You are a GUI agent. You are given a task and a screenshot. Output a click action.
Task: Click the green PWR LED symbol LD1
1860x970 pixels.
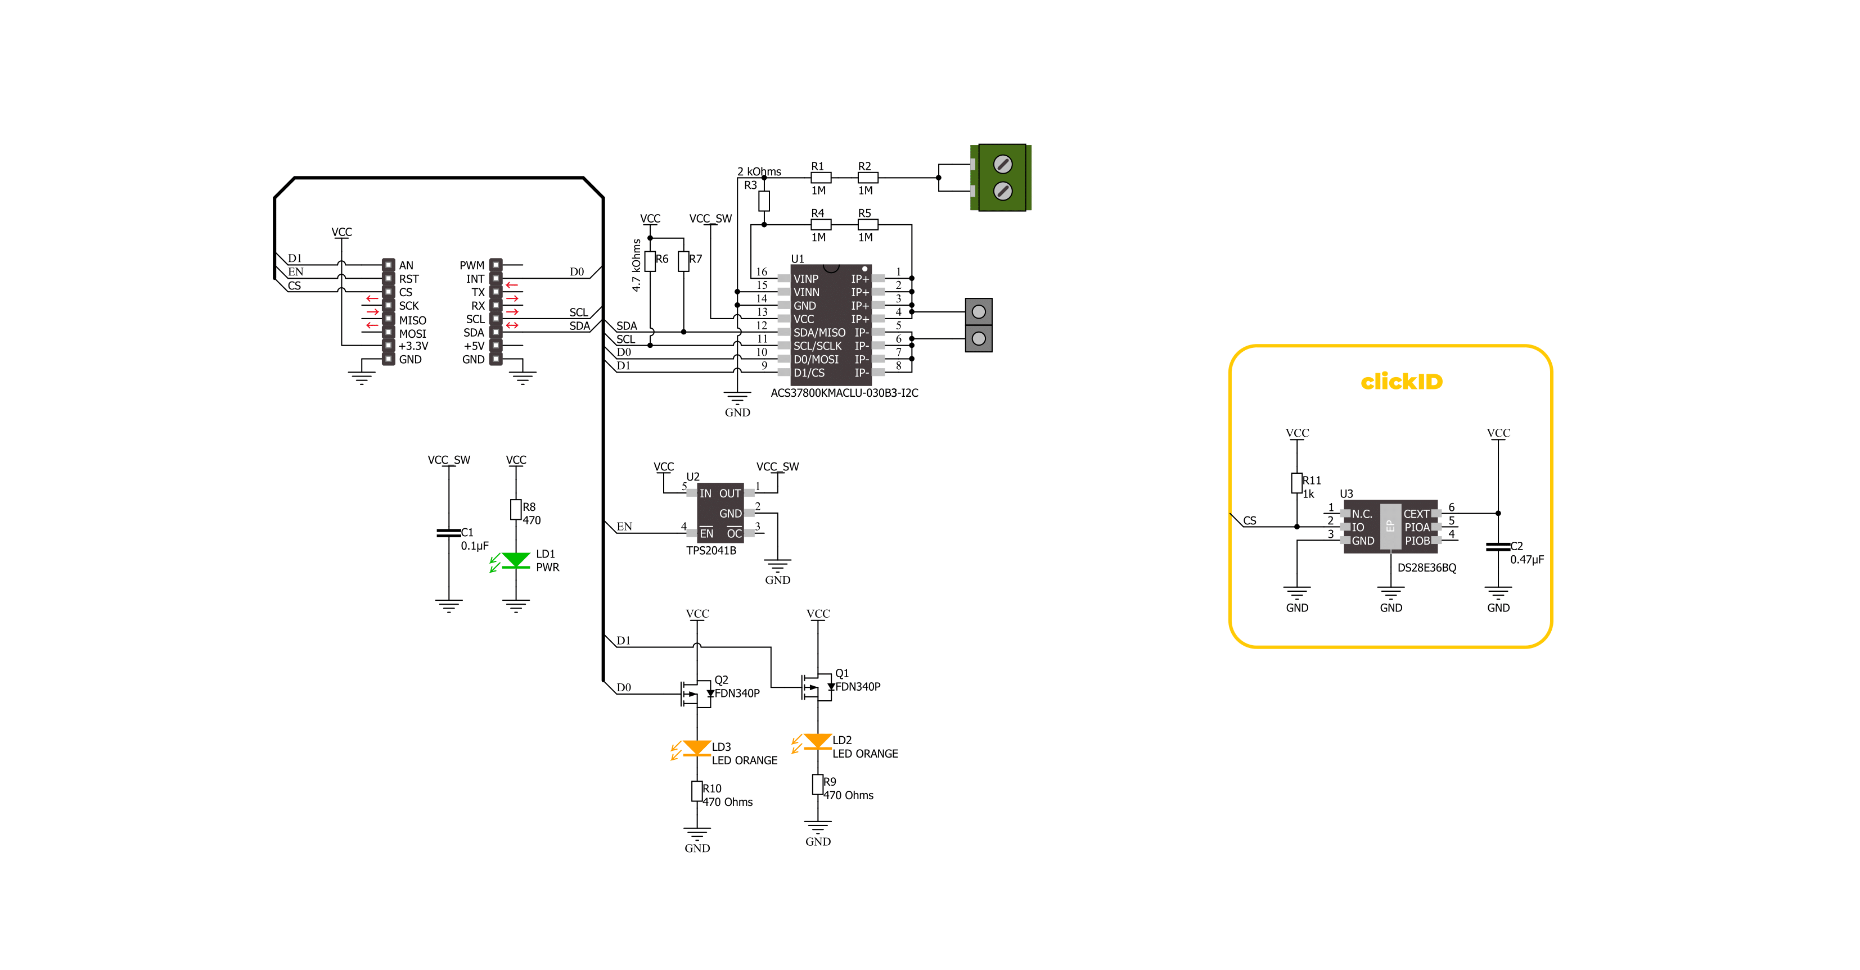click(516, 561)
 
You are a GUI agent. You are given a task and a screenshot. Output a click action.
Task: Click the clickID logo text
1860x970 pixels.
click(1402, 381)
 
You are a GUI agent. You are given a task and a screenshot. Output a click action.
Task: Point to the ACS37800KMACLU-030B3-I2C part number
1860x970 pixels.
click(844, 393)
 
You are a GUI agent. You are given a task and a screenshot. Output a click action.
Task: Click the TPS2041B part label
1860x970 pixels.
click(711, 551)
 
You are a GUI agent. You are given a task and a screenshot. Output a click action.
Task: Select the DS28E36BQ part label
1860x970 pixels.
click(1427, 568)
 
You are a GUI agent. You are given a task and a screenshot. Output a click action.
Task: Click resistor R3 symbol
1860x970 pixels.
click(764, 201)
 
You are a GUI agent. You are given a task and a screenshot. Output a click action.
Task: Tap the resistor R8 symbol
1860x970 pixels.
click(516, 510)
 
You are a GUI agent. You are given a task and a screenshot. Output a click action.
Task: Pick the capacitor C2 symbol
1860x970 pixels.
click(1498, 546)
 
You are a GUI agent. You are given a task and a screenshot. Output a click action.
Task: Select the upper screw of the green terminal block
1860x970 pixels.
click(1002, 164)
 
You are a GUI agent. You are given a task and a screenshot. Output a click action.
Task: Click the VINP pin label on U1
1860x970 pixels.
click(806, 279)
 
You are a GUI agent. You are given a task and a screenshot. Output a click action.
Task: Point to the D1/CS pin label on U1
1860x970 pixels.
click(809, 373)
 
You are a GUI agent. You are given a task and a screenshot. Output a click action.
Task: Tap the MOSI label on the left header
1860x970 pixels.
click(412, 333)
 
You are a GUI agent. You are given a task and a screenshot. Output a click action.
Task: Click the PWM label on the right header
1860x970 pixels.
click(472, 266)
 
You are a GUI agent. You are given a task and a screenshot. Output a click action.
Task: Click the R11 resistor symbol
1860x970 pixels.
click(1297, 483)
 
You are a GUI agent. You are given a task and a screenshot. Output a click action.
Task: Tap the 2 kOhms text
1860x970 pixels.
click(759, 172)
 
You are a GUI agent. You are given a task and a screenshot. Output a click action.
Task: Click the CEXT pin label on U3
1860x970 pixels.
click(1416, 514)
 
